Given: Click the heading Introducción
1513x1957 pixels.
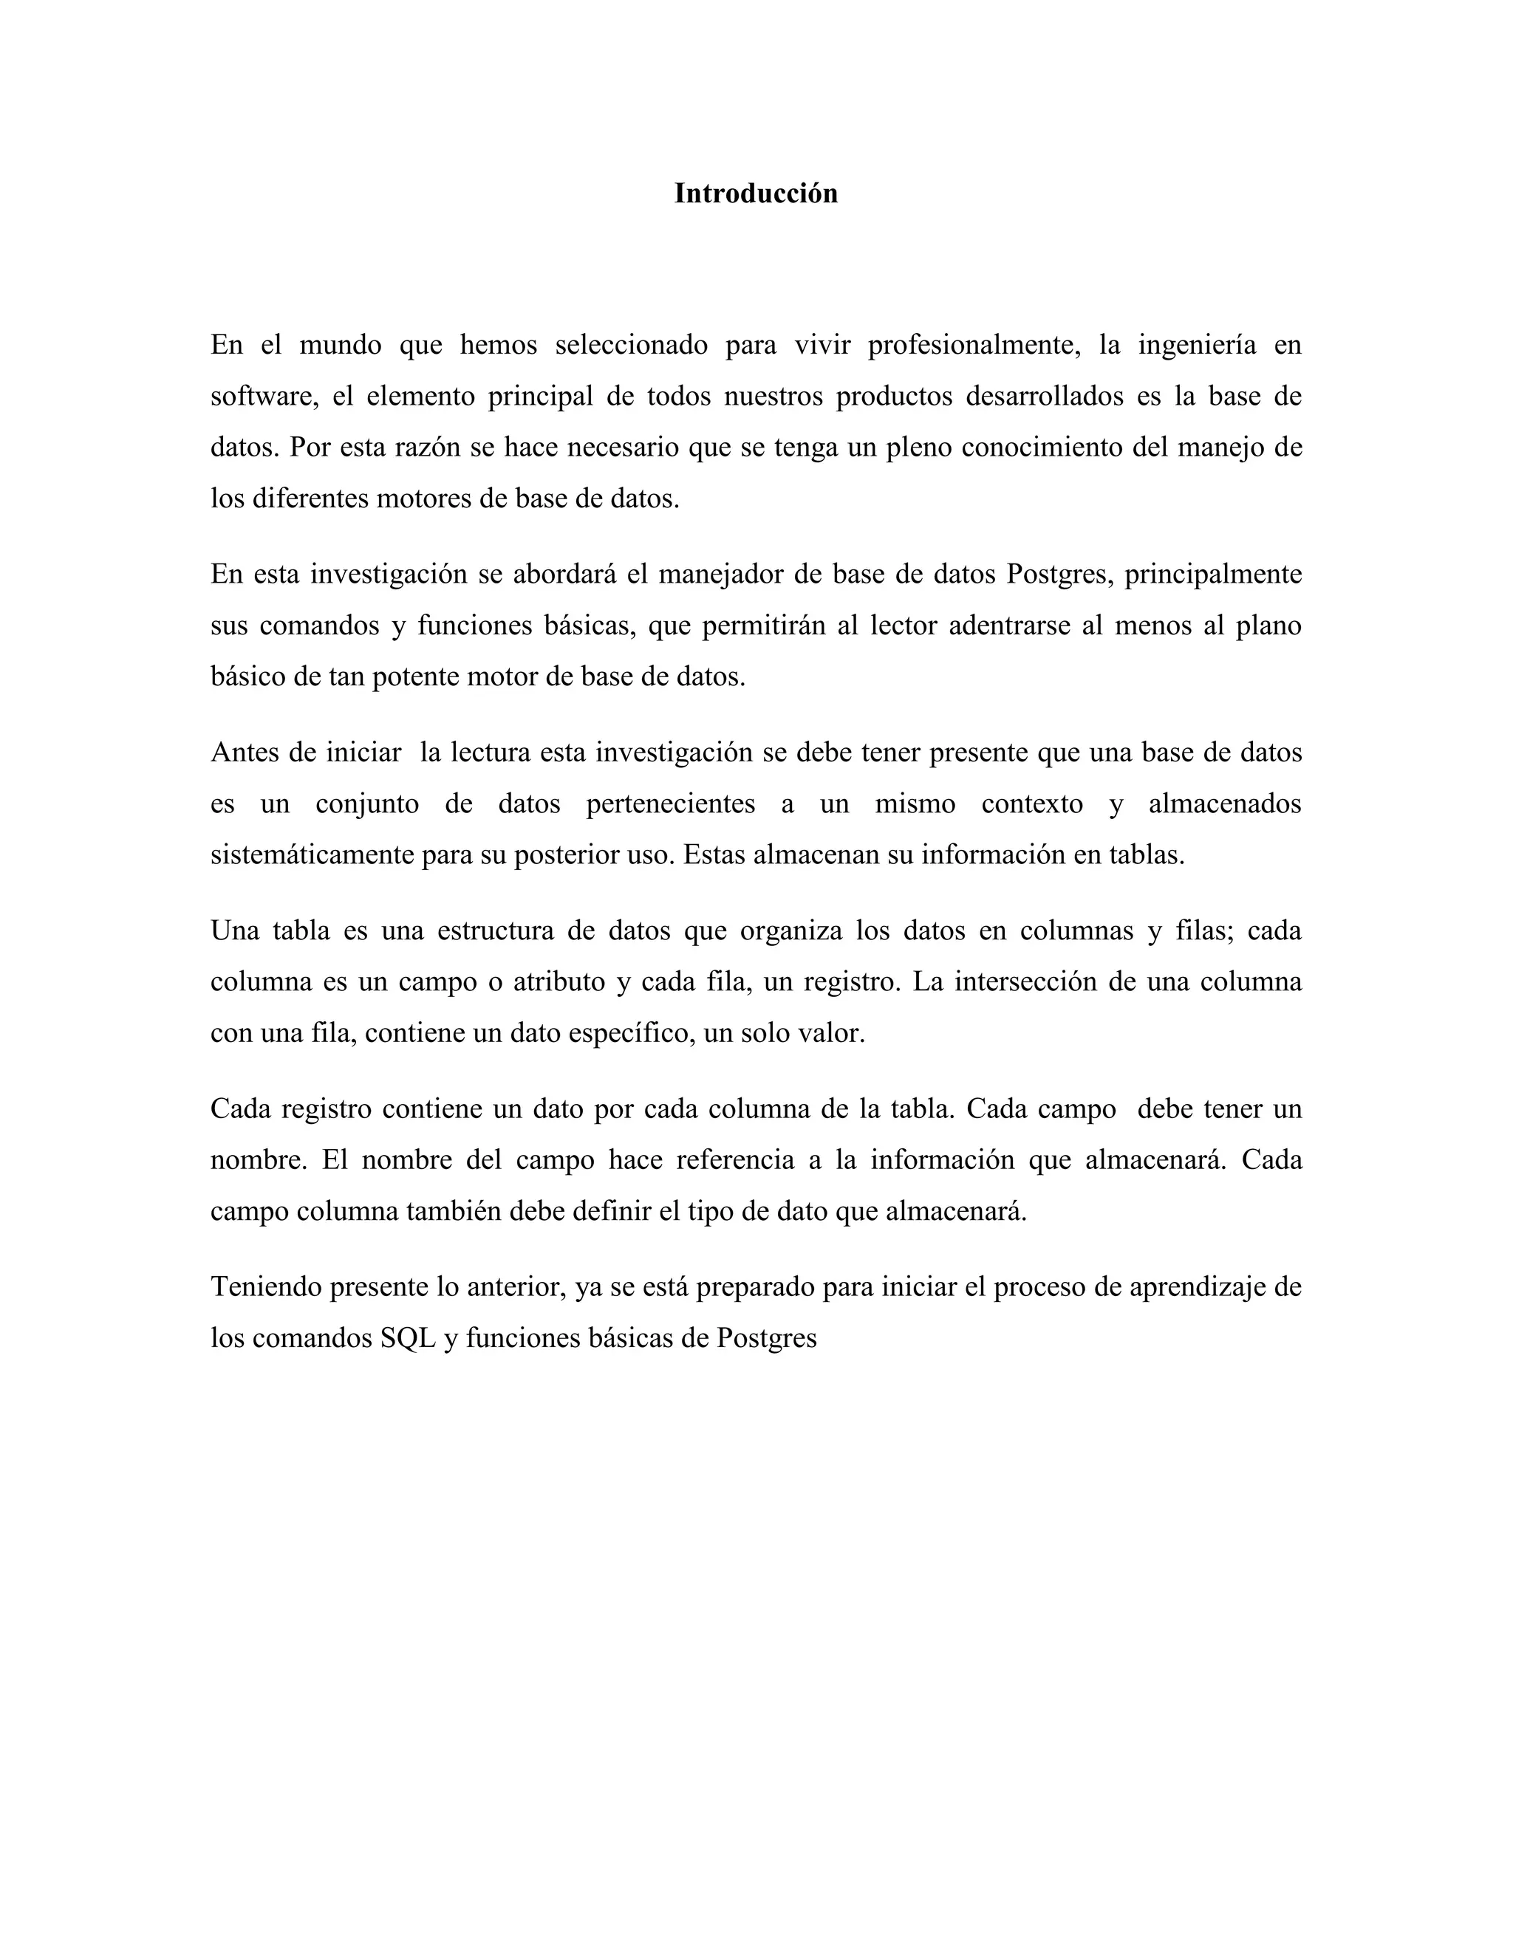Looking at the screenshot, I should (756, 193).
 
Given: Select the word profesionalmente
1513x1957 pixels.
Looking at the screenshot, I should (974, 345).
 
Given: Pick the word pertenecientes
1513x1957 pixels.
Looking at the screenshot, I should (671, 803).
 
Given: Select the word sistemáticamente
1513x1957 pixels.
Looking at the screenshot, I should (312, 855).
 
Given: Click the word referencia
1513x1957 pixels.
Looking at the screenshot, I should (735, 1160).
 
